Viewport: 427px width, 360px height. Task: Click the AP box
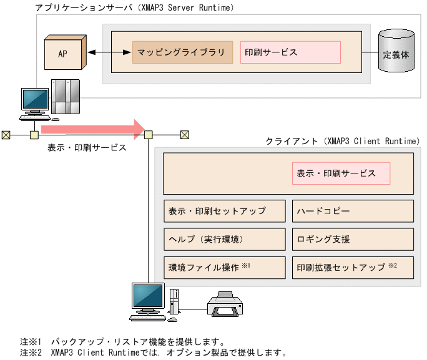tap(64, 53)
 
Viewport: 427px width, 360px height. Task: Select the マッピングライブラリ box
tap(182, 52)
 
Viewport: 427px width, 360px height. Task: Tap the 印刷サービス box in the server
tap(290, 52)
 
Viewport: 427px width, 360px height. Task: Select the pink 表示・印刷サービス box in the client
tap(341, 173)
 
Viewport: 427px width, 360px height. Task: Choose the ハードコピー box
tap(353, 211)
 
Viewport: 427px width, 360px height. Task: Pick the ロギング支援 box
tap(353, 239)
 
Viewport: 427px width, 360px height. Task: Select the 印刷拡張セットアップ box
tap(353, 267)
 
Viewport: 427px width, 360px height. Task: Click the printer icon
tap(225, 304)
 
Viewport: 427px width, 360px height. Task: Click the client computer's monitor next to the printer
tap(148, 298)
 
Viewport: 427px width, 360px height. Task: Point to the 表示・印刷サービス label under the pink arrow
tap(87, 148)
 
